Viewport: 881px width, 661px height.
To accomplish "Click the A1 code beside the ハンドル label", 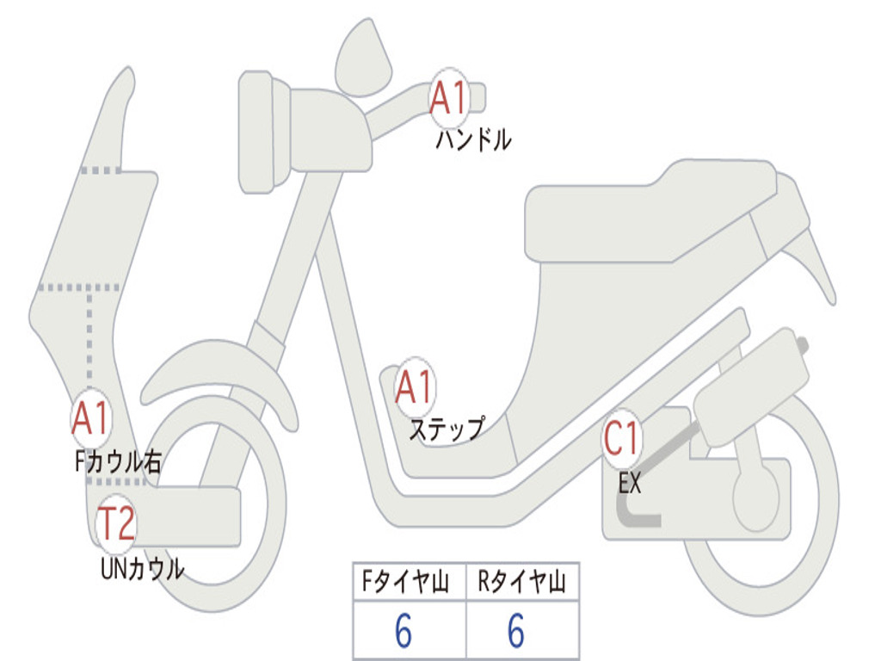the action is pos(449,98).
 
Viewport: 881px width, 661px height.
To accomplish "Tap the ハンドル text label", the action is pos(473,139).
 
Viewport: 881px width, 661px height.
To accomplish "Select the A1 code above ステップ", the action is pos(415,388).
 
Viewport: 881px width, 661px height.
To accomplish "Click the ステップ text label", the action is pos(446,428).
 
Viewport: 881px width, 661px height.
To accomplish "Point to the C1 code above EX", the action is pos(621,440).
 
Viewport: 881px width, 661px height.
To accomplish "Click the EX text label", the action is pos(630,484).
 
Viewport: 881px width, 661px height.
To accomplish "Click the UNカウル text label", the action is pos(142,569).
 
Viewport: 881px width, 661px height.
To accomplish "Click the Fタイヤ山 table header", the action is pos(408,584).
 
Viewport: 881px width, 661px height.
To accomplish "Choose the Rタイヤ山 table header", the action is pos(522,584).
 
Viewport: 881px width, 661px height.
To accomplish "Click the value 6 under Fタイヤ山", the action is pos(403,632).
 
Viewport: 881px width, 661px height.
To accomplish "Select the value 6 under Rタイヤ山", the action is pos(515,632).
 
